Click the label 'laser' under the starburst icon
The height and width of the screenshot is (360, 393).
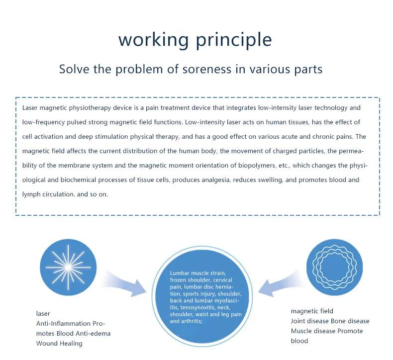point(43,313)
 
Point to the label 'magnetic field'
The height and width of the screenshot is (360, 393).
point(312,311)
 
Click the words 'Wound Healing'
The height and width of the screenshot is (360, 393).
point(59,343)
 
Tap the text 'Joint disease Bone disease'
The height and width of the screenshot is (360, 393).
point(330,321)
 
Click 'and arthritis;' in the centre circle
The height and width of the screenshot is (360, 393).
point(187,321)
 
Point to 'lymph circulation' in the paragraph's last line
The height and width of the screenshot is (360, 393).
point(48,194)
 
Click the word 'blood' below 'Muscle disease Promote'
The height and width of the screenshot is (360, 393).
point(299,341)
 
